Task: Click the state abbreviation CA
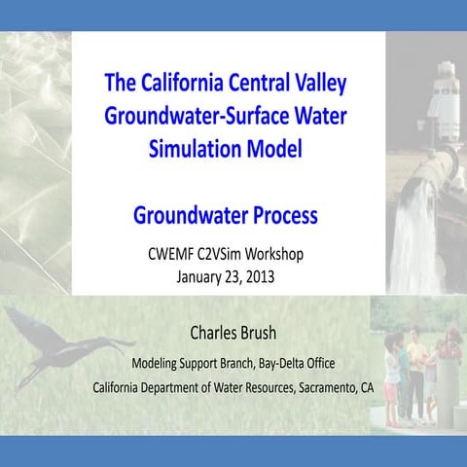click(366, 386)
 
